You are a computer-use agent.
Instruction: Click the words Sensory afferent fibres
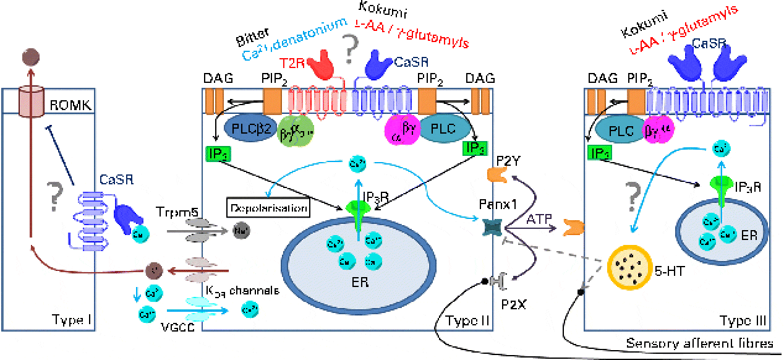(699, 343)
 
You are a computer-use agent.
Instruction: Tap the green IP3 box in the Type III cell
(599, 152)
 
